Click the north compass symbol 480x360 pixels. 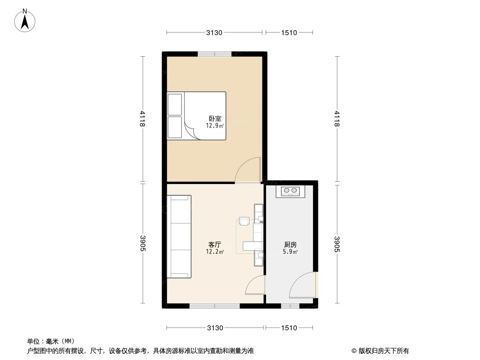[x=25, y=20]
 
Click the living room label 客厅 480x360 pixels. [x=214, y=244]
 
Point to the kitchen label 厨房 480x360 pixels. [x=290, y=244]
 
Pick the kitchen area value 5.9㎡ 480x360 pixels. [x=290, y=252]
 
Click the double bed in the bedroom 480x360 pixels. [x=197, y=115]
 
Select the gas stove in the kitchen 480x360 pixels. [x=290, y=191]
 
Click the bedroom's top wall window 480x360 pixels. [x=214, y=54]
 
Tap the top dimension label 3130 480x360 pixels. [x=215, y=32]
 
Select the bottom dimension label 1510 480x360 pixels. [x=289, y=328]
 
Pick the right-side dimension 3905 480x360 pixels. [x=336, y=243]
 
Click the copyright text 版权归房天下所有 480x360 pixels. [x=380, y=351]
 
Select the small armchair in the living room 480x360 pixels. [x=244, y=220]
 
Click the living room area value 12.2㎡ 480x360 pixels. [x=214, y=252]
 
